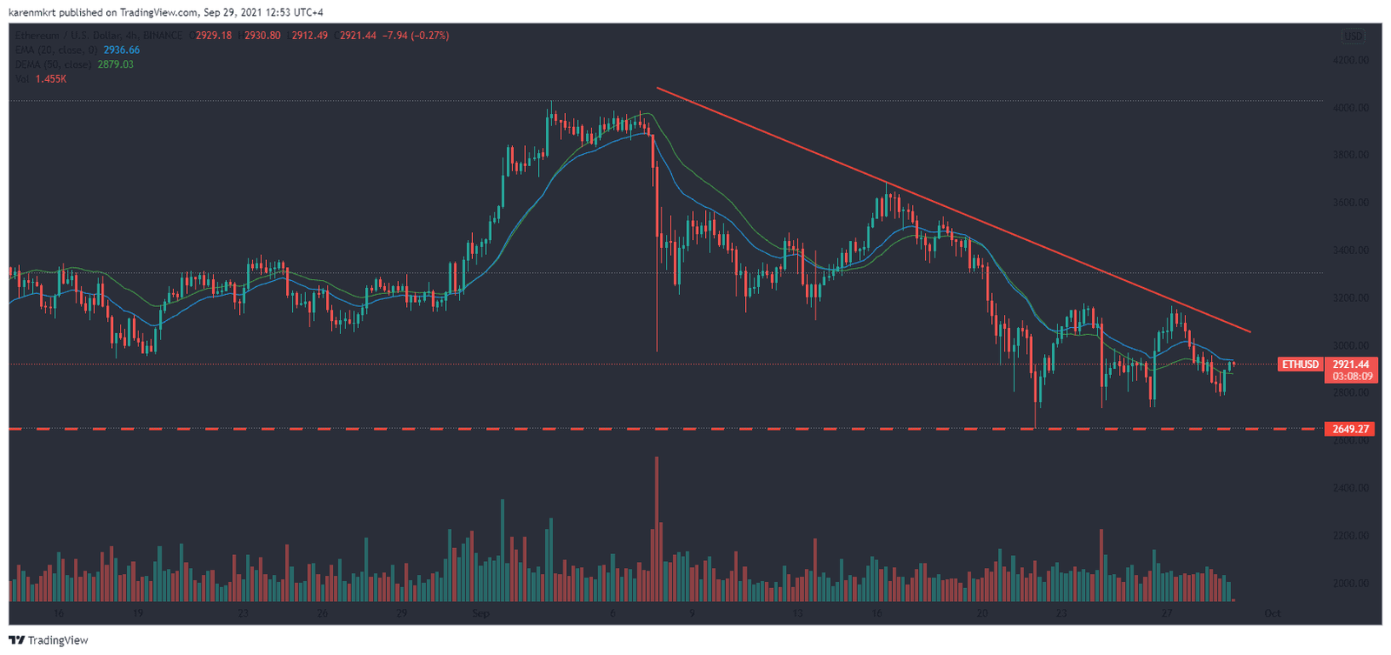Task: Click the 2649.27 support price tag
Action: [x=1350, y=429]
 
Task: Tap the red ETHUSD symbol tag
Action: [x=1300, y=364]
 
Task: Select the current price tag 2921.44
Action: [x=1350, y=364]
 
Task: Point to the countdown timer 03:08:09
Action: [x=1350, y=377]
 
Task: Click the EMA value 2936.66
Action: [x=122, y=50]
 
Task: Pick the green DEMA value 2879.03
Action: [x=116, y=64]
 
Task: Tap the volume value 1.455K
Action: [x=51, y=79]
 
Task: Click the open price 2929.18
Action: [x=214, y=36]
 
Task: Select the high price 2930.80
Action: [x=263, y=36]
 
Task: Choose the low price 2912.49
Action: [x=309, y=36]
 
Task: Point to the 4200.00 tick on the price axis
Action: [x=1350, y=60]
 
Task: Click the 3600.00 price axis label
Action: [x=1350, y=203]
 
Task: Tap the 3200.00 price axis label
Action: [x=1350, y=298]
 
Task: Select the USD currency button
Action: [x=1353, y=36]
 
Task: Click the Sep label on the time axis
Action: [x=481, y=613]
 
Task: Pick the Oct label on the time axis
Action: [x=1272, y=613]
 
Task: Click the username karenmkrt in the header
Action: [x=37, y=12]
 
